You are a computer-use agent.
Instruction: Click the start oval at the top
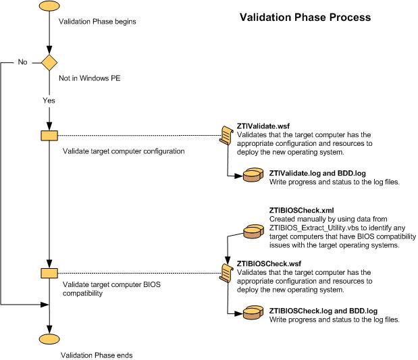[x=49, y=7]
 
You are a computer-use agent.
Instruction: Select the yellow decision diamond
[x=49, y=63]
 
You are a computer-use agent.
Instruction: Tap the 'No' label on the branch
[x=23, y=62]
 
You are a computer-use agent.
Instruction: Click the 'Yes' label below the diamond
[x=49, y=100]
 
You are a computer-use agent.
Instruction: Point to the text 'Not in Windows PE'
[x=91, y=78]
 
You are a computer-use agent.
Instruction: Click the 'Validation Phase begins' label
[x=98, y=22]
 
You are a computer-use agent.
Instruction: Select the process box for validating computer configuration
[x=49, y=135]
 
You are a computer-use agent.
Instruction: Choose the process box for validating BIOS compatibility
[x=49, y=273]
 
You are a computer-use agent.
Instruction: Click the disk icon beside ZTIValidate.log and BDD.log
[x=251, y=176]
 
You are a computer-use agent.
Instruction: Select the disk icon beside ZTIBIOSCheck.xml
[x=251, y=232]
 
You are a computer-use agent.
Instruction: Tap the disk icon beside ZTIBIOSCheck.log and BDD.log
[x=251, y=314]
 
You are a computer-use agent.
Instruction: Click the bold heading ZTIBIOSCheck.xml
[x=302, y=211]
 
